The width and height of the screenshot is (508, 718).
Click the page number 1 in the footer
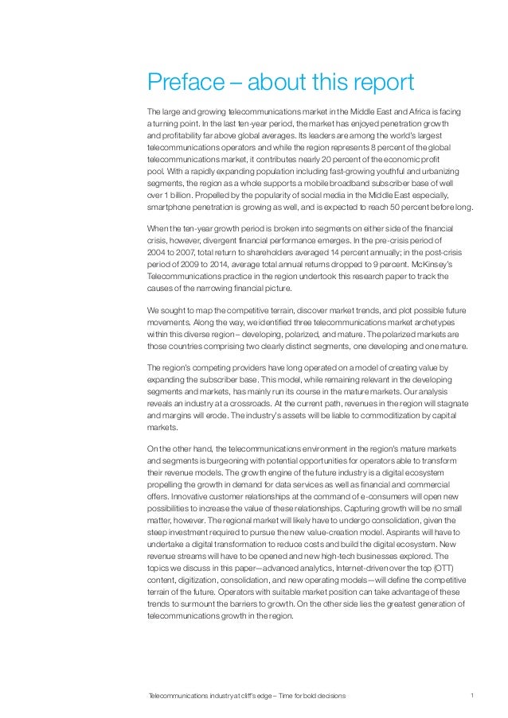pyautogui.click(x=472, y=697)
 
